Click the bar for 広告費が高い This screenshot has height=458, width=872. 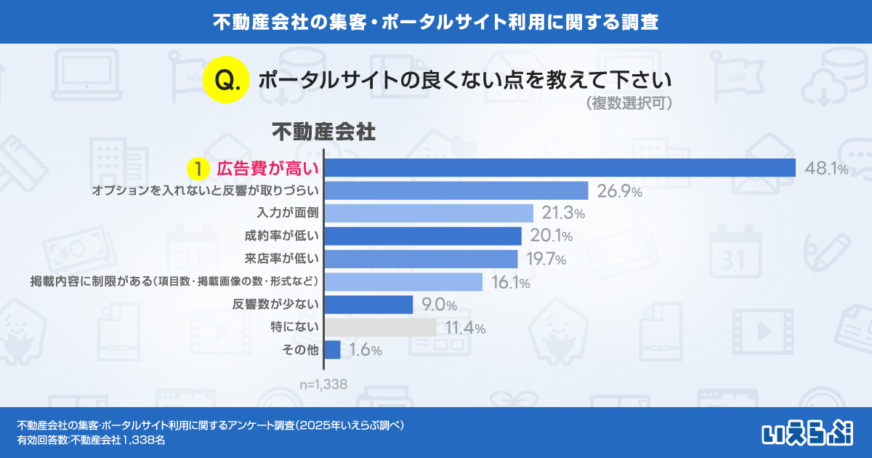560,168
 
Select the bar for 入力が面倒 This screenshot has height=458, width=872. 429,213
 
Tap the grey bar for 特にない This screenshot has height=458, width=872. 380,327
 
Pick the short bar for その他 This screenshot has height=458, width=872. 333,350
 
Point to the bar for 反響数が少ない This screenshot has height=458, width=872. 368,304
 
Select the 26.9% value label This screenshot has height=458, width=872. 619,191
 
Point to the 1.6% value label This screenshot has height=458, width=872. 365,350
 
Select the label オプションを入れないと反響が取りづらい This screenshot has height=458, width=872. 206,190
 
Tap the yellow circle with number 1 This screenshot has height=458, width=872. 197,169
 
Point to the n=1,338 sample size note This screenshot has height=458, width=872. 323,384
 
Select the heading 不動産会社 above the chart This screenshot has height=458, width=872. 323,132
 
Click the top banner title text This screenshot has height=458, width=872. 436,22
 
